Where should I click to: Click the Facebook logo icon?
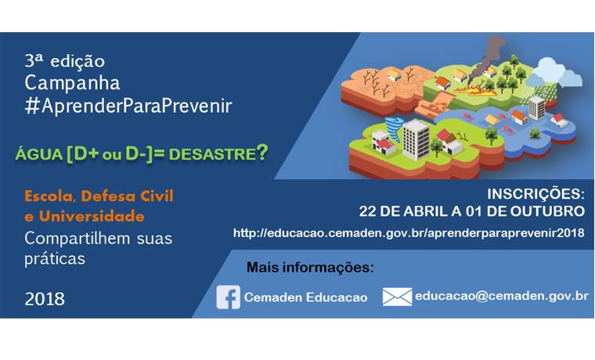pyautogui.click(x=229, y=297)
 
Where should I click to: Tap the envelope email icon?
pyautogui.click(x=397, y=297)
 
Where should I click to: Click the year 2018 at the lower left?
pyautogui.click(x=45, y=298)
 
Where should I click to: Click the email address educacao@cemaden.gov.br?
pyautogui.click(x=502, y=297)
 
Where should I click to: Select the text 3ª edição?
pyautogui.click(x=64, y=60)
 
